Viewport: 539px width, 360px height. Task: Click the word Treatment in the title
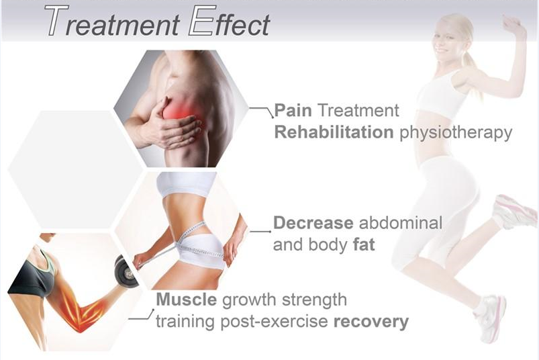tap(112, 21)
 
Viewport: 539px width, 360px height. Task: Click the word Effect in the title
tap(230, 21)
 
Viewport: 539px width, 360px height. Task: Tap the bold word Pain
tap(293, 110)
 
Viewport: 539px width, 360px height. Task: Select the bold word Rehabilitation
tap(334, 132)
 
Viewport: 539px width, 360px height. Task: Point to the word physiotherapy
tap(456, 133)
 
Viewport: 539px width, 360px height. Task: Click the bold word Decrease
tap(313, 223)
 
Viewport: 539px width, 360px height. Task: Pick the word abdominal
tap(401, 223)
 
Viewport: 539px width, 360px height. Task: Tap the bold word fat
tap(364, 245)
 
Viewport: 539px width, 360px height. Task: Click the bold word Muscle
tap(187, 300)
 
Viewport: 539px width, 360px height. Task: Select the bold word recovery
tap(371, 322)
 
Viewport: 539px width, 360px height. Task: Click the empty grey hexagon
tap(75, 169)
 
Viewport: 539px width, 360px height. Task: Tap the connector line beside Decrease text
tap(260, 232)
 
